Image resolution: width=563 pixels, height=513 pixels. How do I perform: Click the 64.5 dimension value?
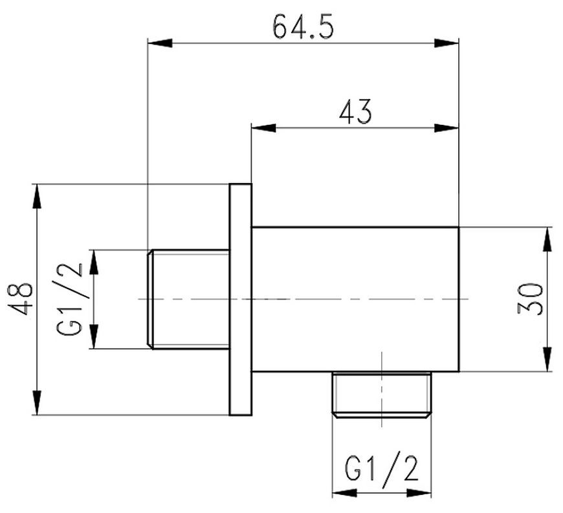[304, 27]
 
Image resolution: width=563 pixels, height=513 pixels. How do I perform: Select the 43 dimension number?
[355, 112]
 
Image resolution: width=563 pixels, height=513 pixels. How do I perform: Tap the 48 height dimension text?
[21, 299]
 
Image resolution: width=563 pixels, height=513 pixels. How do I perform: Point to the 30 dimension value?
[529, 299]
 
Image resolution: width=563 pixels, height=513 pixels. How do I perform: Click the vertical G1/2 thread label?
[70, 299]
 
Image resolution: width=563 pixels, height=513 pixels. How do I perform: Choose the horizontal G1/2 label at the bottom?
[382, 468]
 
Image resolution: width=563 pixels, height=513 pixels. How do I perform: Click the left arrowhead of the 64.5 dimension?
[160, 43]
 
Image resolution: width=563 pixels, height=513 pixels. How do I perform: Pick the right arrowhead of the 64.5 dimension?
[447, 43]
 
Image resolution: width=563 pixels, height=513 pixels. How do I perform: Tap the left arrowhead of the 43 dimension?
[264, 128]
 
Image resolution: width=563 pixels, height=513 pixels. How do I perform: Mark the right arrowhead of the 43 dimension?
[447, 128]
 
